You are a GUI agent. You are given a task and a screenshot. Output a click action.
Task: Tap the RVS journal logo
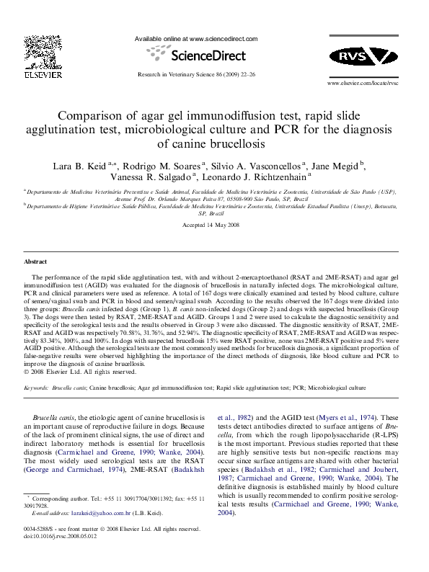click(363, 57)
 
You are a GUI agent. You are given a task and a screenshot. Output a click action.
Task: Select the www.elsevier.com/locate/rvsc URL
click(363, 84)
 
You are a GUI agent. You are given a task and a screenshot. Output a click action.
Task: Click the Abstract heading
click(35, 262)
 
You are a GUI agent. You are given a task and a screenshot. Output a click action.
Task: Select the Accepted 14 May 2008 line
click(214, 225)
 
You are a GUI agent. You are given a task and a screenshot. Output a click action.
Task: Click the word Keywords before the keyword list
click(37, 388)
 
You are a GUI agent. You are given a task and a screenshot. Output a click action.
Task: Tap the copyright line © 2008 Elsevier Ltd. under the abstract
click(80, 372)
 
